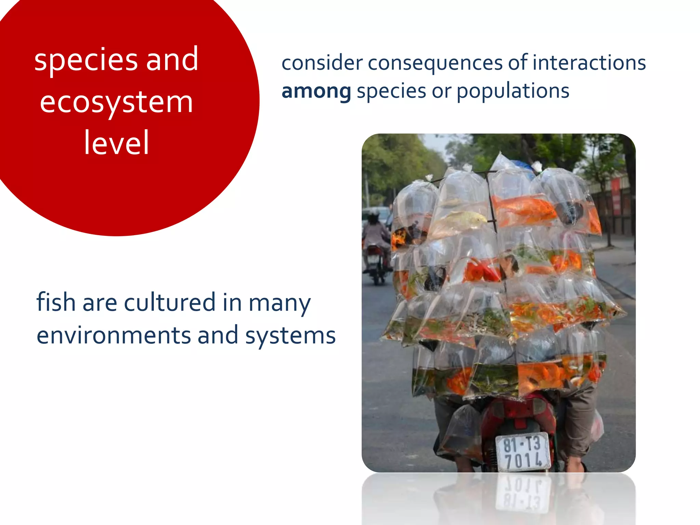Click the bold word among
pos(316,91)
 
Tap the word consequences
pos(435,64)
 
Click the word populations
pos(513,92)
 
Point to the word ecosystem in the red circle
pos(116,103)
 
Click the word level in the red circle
pos(116,143)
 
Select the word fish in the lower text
pos(56,302)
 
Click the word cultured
pos(170,302)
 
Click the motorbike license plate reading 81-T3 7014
pos(523,452)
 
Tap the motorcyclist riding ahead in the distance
pos(376,246)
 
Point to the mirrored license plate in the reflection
pos(523,492)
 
